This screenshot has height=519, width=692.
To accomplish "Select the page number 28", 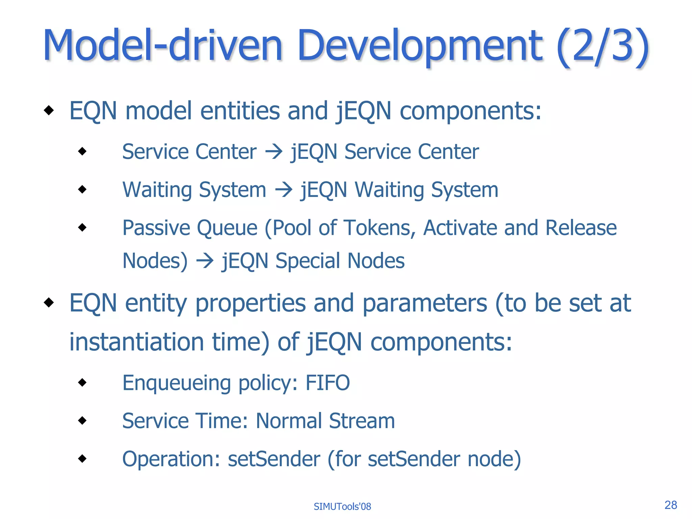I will click(x=670, y=505).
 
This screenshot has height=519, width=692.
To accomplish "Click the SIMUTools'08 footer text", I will click(x=342, y=506).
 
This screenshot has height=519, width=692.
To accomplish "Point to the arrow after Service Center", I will click(x=273, y=152).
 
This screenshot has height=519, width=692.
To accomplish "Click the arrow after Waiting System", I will click(x=283, y=190).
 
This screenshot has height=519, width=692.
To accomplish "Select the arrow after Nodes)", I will click(x=205, y=261).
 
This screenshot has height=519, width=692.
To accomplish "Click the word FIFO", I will click(x=327, y=383).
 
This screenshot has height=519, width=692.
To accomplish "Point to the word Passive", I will click(x=156, y=228).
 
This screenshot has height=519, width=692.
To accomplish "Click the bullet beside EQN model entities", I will click(x=49, y=110).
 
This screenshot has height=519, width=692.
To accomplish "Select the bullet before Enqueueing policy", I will click(x=82, y=382).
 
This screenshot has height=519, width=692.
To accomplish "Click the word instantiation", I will click(x=137, y=342).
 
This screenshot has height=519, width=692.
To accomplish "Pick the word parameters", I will click(x=425, y=303).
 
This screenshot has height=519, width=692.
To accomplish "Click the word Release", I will click(x=581, y=228).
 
